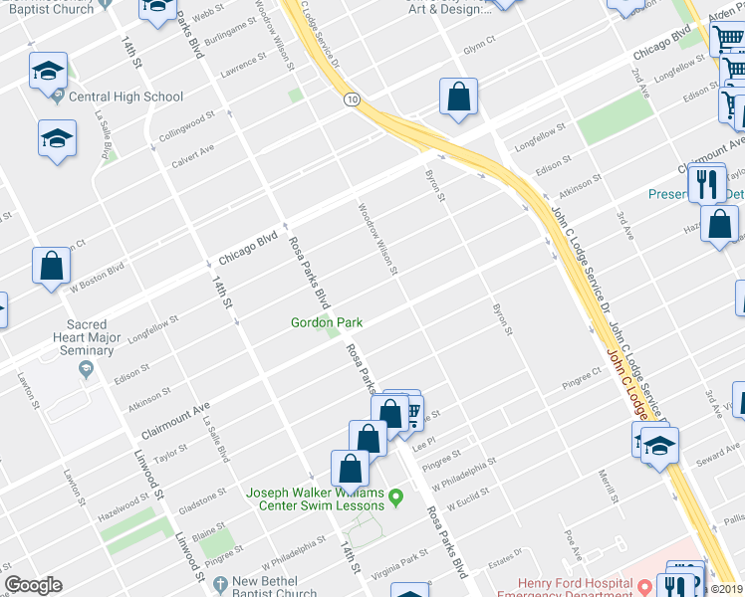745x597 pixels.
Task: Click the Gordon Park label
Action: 326,322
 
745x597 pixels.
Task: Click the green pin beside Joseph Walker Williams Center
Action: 396,497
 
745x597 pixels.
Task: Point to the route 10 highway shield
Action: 352,100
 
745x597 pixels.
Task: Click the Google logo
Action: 33,586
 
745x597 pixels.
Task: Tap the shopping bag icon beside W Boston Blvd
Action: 51,267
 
